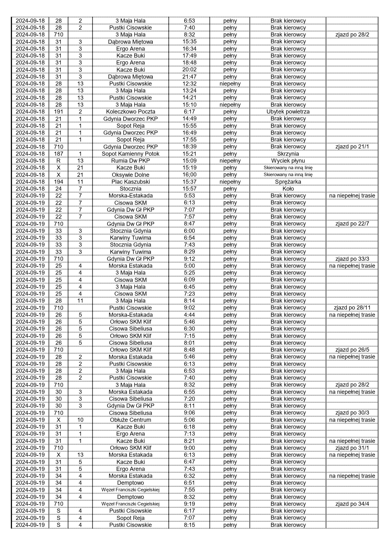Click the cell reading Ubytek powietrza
click(288, 112)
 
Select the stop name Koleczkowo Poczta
click(130, 112)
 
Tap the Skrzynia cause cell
click(288, 154)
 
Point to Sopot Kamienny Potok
click(130, 154)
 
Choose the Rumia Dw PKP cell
click(130, 161)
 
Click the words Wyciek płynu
click(288, 161)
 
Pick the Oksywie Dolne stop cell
click(130, 175)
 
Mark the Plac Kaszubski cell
click(130, 182)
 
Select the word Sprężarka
click(288, 182)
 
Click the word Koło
click(288, 189)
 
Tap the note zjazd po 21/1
click(352, 147)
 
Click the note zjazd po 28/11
click(352, 308)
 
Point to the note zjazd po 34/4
click(352, 504)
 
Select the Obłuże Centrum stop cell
click(130, 420)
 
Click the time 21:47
click(189, 77)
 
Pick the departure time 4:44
click(189, 315)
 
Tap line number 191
click(59, 112)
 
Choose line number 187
click(59, 154)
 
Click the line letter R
click(59, 161)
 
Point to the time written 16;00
click(189, 175)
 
